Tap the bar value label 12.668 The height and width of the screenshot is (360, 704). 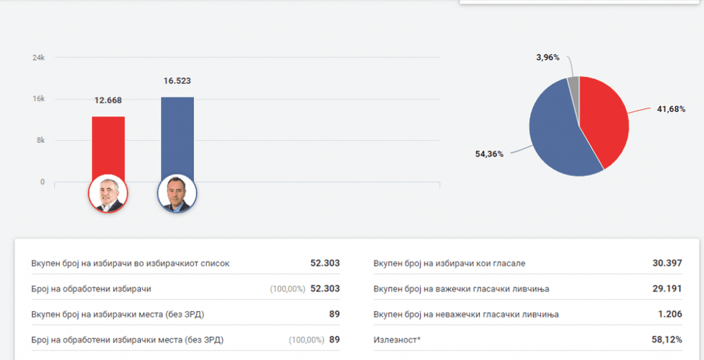pyautogui.click(x=108, y=100)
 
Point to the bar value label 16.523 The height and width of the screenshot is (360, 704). pyautogui.click(x=177, y=80)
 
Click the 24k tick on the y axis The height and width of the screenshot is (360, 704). pyautogui.click(x=40, y=57)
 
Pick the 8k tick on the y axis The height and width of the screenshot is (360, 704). pyautogui.click(x=41, y=141)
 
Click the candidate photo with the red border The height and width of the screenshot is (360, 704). pyautogui.click(x=108, y=193)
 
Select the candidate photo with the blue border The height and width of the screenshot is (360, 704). pyautogui.click(x=177, y=193)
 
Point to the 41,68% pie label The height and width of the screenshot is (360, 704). pyautogui.click(x=671, y=109)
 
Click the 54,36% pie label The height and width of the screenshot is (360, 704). pyautogui.click(x=489, y=154)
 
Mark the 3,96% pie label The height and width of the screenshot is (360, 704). pyautogui.click(x=547, y=57)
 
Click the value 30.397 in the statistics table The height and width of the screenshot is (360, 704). pyautogui.click(x=667, y=263)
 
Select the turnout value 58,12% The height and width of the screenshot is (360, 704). pyautogui.click(x=667, y=339)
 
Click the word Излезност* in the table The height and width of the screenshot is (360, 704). pyautogui.click(x=397, y=339)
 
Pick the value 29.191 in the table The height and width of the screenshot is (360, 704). pyautogui.click(x=667, y=289)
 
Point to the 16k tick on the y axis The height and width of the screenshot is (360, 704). pyautogui.click(x=40, y=99)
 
